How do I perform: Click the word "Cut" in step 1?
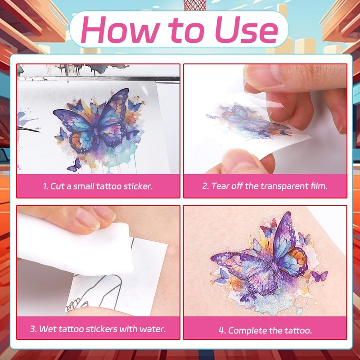click(x=58, y=186)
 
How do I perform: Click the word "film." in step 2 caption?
click(x=319, y=186)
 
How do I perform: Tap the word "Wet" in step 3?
click(x=48, y=329)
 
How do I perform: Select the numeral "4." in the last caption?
click(x=222, y=331)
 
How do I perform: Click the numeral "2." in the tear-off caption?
click(x=205, y=186)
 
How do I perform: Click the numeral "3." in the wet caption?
click(x=33, y=329)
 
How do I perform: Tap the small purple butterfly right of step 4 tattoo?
click(x=319, y=276)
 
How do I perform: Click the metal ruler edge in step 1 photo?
click(x=99, y=79)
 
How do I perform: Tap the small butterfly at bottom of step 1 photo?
click(x=75, y=165)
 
